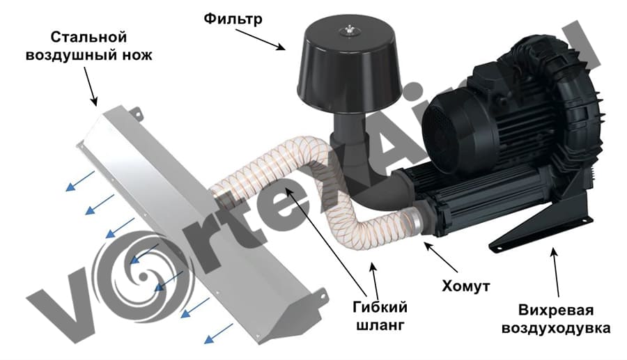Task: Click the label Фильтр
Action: [x=233, y=18]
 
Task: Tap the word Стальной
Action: [x=88, y=37]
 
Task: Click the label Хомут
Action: [x=466, y=286]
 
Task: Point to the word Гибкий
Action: [x=380, y=307]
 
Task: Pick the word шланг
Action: [x=380, y=325]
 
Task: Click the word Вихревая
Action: [x=556, y=310]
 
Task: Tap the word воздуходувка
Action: [x=556, y=329]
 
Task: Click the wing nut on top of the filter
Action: [x=350, y=30]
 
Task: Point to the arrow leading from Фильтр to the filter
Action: [x=258, y=39]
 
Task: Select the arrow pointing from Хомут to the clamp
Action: [x=441, y=258]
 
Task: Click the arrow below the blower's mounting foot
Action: [x=556, y=272]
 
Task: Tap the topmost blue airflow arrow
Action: [x=80, y=181]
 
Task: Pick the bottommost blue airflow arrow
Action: [x=218, y=334]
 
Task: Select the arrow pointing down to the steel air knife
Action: [x=91, y=86]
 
